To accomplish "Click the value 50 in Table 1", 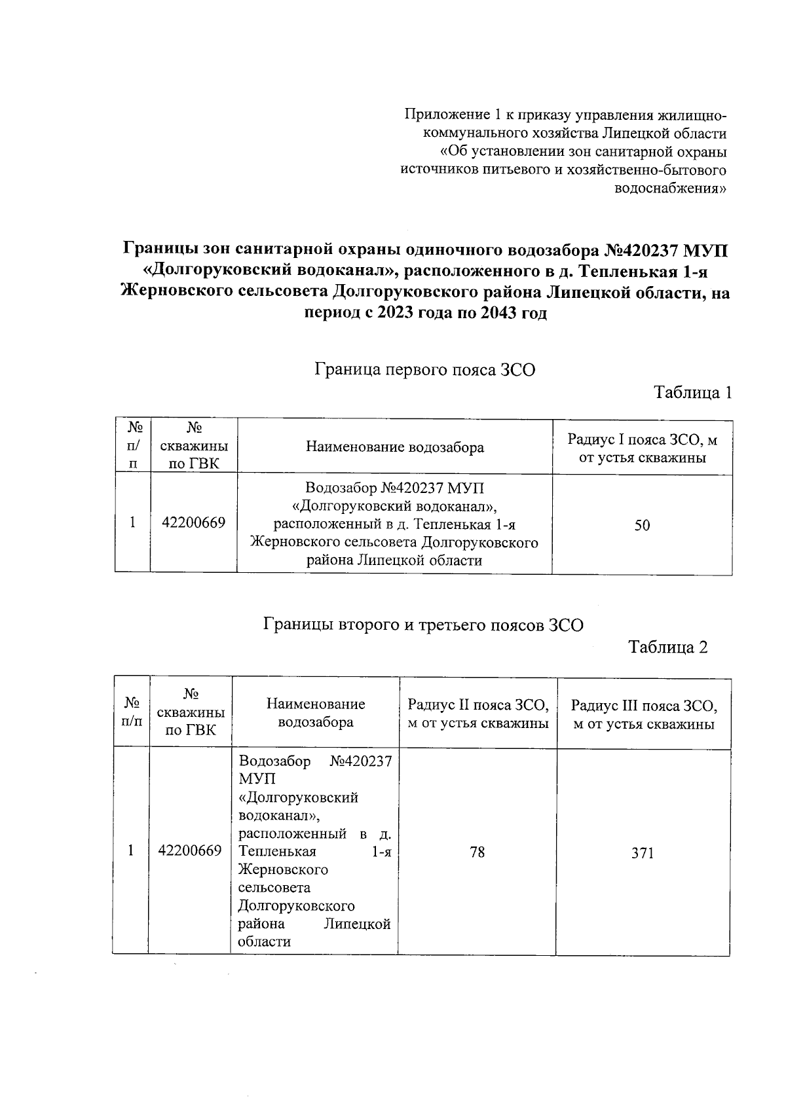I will tap(642, 525).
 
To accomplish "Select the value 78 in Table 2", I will tap(477, 852).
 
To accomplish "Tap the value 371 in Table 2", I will tap(643, 853).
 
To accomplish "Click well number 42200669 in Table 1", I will tap(194, 523).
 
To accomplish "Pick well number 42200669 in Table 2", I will tap(190, 850).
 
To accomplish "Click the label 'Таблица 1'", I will tap(693, 393).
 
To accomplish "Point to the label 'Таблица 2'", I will tap(668, 647).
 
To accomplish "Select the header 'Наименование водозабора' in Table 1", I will tap(395, 448).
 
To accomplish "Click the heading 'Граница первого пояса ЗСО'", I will tap(425, 371).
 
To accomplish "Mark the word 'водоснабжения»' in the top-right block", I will tap(669, 189).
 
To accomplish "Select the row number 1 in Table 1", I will tap(132, 523).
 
